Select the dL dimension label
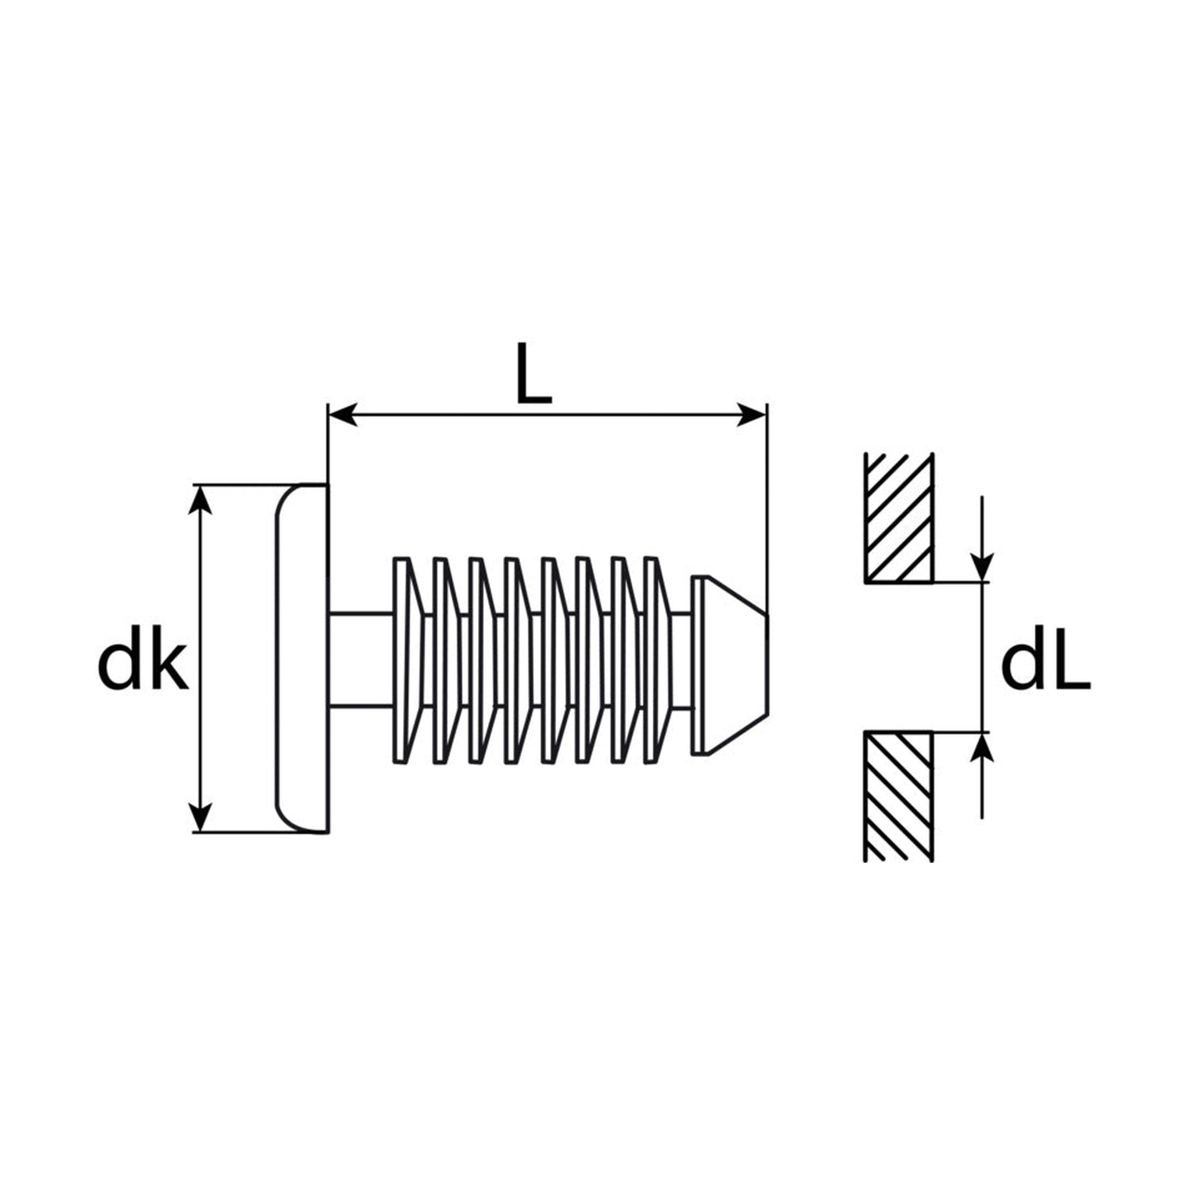[1046, 666]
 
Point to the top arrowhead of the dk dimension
[199, 500]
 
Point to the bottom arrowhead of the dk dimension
[199, 818]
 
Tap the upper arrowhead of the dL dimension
[982, 567]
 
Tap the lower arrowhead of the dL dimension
[982, 748]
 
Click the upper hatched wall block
[899, 518]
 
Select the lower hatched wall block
[899, 797]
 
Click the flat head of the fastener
[301, 658]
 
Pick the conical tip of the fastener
[729, 665]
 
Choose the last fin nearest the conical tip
[657, 661]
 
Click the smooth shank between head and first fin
[361, 659]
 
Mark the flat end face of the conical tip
[767, 665]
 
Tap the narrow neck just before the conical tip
[682, 659]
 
